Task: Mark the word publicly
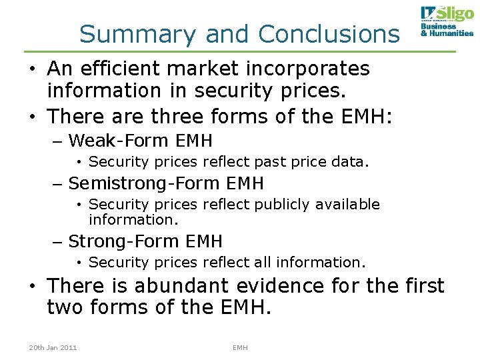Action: (267, 204)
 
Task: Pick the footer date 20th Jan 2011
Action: (53, 347)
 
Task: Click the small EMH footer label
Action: (240, 347)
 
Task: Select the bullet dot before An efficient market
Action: (32, 69)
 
